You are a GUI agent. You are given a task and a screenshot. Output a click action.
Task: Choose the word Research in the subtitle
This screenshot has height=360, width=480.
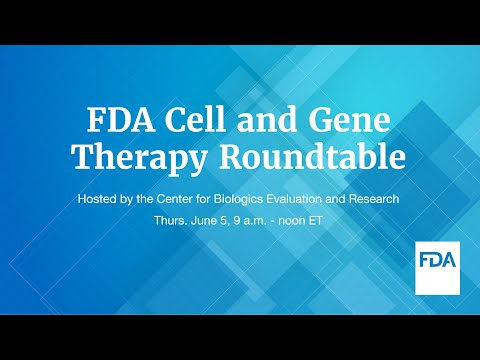(x=377, y=199)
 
